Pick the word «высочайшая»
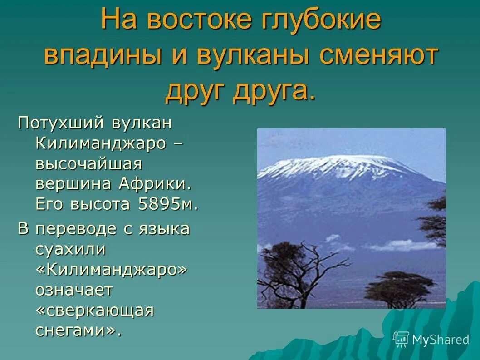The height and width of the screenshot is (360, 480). [x=89, y=163]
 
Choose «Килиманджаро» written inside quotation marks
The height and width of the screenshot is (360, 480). [x=112, y=269]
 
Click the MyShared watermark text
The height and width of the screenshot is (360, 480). [x=440, y=340]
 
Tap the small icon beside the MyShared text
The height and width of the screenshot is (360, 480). [x=401, y=339]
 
